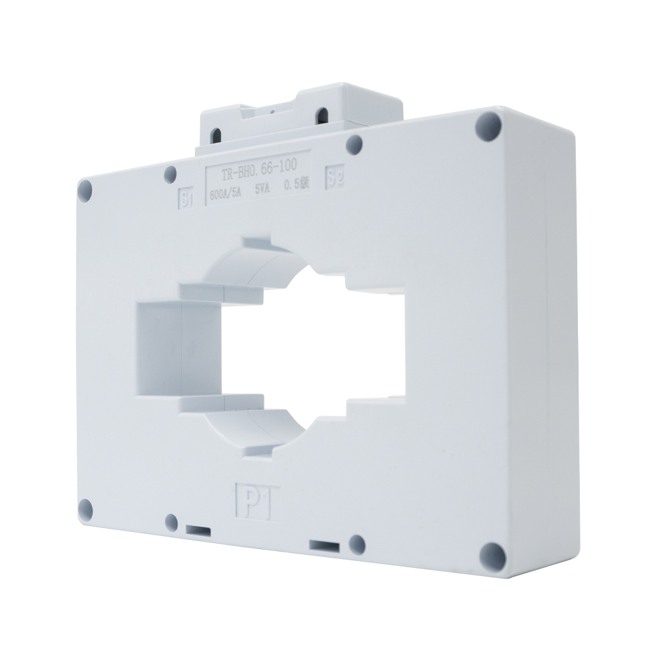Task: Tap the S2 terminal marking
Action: tap(336, 178)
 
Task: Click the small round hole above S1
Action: tap(171, 174)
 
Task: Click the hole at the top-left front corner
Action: tap(85, 191)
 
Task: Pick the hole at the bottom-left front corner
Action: tap(85, 506)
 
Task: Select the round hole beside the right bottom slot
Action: tap(357, 543)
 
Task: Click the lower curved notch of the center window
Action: tap(262, 426)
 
